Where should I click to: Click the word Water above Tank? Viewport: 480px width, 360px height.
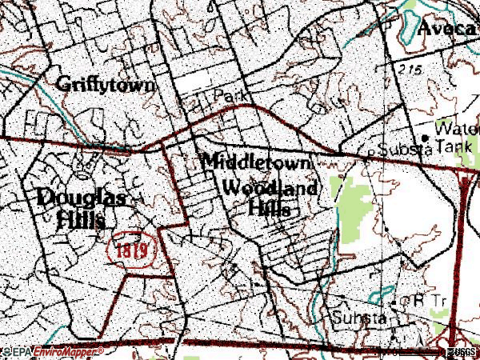pos(456,128)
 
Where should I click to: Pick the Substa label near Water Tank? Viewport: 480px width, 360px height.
pos(405,149)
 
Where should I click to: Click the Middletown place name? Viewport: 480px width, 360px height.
pos(255,161)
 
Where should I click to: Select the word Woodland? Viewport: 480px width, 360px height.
pos(270,190)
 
